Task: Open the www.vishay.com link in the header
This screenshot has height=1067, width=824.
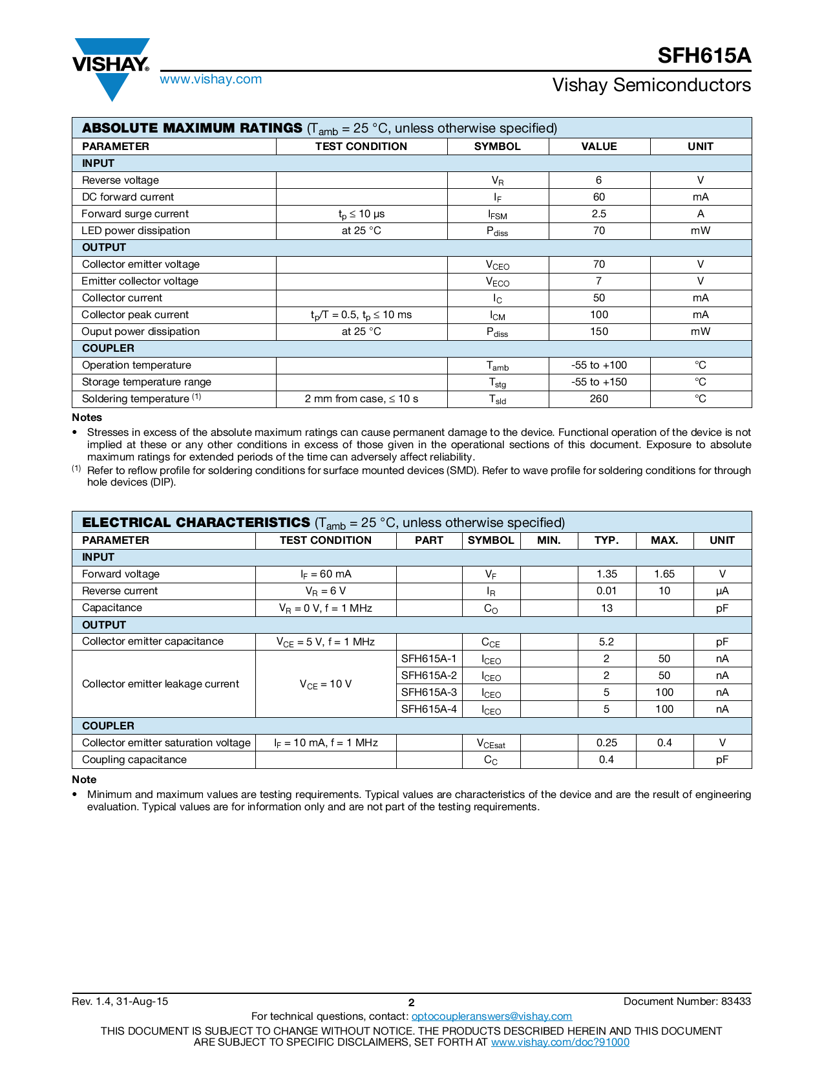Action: (x=211, y=80)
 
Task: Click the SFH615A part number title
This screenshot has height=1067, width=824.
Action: (x=704, y=56)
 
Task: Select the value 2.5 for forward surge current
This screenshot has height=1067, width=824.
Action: (x=598, y=214)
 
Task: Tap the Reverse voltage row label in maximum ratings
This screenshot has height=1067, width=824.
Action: (x=120, y=180)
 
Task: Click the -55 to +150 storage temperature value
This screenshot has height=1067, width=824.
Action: (x=598, y=382)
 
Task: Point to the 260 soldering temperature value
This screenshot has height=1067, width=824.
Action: (x=598, y=399)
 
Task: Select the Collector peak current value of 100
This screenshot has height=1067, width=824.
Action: (x=598, y=315)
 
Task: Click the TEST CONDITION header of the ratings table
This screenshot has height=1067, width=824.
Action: (x=361, y=146)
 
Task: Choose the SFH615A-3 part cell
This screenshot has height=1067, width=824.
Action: (x=428, y=693)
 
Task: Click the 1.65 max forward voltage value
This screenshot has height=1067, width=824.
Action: (x=664, y=574)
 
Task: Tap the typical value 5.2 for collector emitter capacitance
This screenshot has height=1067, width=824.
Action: (x=606, y=641)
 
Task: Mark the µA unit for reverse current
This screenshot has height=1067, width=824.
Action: (x=722, y=591)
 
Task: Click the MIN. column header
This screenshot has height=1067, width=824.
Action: (x=549, y=541)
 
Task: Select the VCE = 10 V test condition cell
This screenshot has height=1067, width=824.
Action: (x=325, y=684)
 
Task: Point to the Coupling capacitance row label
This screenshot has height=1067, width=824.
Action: (x=134, y=760)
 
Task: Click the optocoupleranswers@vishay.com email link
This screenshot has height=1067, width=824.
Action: (x=491, y=1017)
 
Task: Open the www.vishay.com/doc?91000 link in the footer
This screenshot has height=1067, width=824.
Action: (x=560, y=1042)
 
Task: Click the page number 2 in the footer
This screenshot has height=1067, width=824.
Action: (x=411, y=1003)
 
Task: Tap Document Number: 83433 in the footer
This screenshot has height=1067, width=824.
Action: (x=686, y=1002)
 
